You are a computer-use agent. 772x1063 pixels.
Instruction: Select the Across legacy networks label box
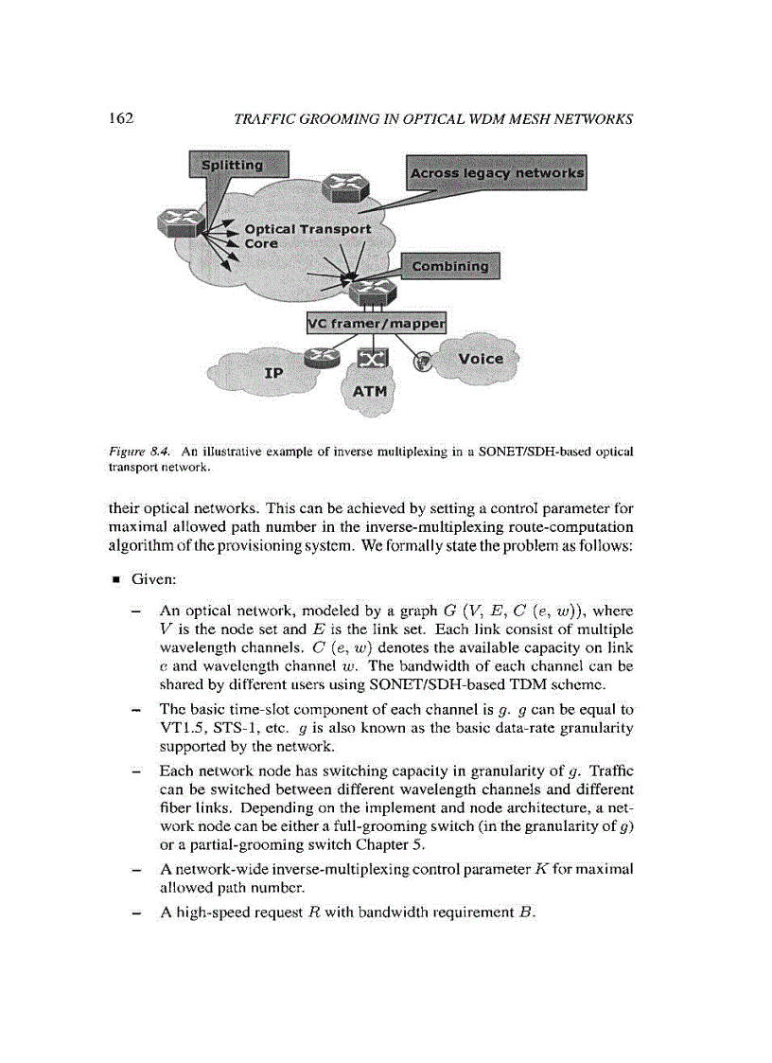(x=496, y=173)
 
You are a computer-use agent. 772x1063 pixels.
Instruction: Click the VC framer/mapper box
(x=377, y=323)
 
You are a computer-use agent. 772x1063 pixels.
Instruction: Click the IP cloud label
(x=273, y=374)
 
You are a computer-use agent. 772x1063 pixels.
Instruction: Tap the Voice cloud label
(x=481, y=359)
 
